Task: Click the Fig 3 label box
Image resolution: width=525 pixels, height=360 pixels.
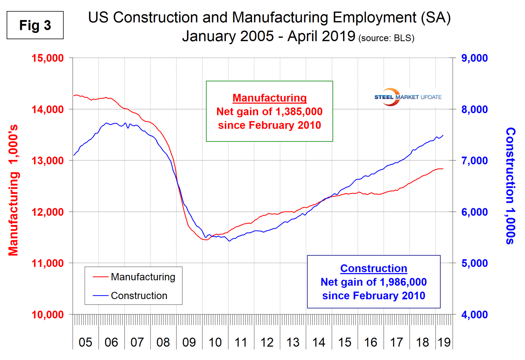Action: tap(35, 25)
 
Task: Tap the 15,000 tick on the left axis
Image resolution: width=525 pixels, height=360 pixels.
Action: tap(48, 58)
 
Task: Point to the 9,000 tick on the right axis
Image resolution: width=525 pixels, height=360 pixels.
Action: tap(474, 58)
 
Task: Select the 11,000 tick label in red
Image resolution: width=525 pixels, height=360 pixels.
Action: tap(48, 263)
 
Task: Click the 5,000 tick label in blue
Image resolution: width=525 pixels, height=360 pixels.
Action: tap(474, 263)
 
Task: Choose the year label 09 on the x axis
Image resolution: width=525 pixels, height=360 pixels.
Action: tap(189, 342)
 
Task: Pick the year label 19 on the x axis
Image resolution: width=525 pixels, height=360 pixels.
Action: tap(444, 342)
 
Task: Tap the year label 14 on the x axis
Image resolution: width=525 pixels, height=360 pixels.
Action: tap(319, 342)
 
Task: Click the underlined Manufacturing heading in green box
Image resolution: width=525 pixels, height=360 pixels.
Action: tap(270, 98)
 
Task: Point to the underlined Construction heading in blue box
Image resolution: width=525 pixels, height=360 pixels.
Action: tap(374, 268)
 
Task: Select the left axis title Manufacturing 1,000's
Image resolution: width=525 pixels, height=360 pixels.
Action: tap(13, 191)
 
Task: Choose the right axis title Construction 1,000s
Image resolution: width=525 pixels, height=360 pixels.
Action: tap(511, 186)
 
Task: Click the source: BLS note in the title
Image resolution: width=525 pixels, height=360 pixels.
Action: tap(386, 38)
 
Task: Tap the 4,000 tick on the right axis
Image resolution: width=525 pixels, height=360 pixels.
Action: tap(474, 315)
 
